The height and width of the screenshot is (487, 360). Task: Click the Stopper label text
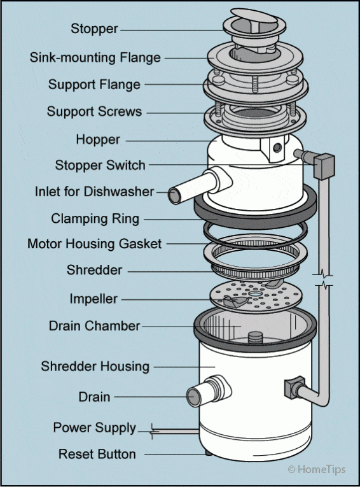tap(95, 29)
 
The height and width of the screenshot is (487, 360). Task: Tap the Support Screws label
tap(94, 111)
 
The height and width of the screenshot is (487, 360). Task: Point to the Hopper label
tap(98, 139)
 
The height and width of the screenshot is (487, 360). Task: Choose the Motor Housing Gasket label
tap(95, 244)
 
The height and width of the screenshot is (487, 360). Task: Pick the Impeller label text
tap(93, 299)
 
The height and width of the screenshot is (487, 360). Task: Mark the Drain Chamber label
tap(94, 326)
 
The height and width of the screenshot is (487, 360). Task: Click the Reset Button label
tap(97, 455)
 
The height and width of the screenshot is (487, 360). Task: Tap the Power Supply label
tap(94, 428)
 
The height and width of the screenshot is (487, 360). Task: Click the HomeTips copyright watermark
tap(316, 469)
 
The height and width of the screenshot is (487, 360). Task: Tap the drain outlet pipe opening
tap(193, 397)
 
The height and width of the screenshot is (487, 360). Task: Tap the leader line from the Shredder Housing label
tap(181, 367)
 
